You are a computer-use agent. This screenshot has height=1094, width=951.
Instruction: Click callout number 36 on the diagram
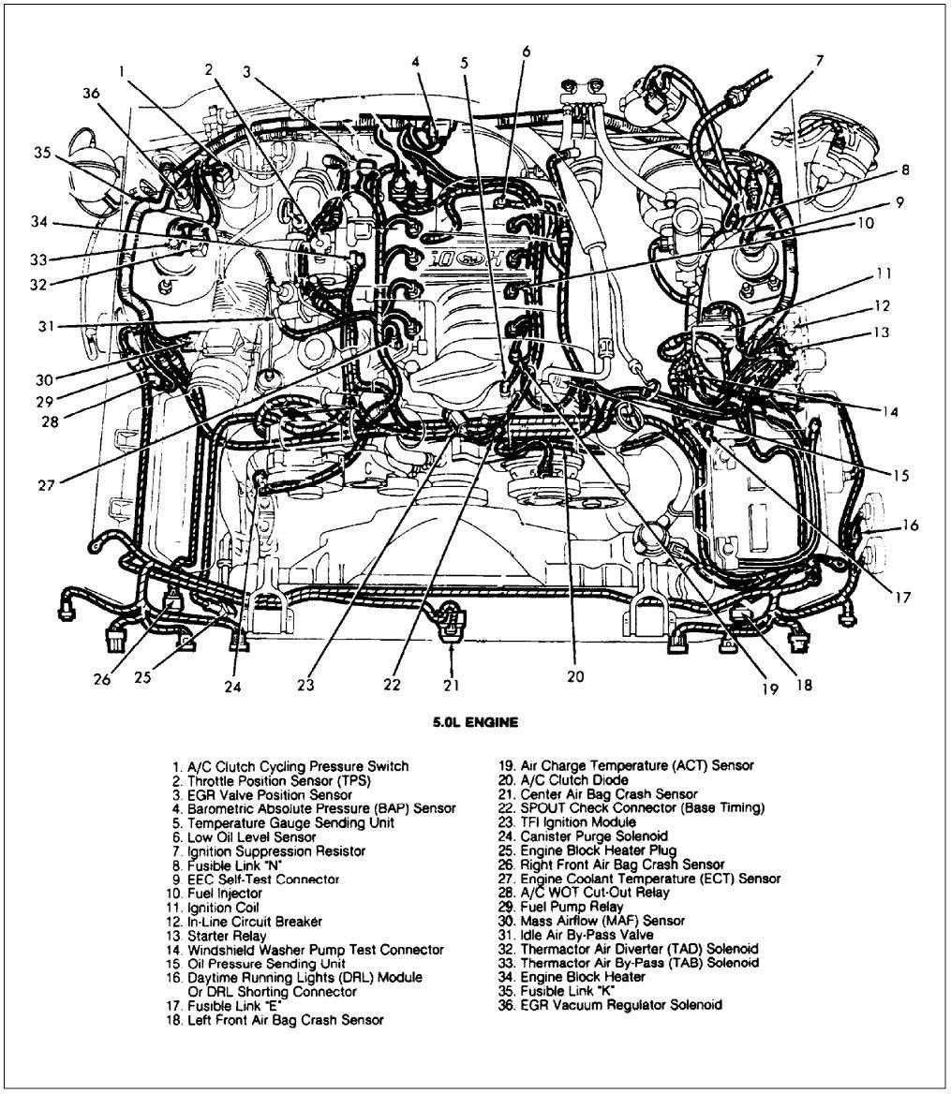tap(90, 93)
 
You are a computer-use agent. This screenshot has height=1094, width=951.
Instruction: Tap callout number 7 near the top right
tap(819, 61)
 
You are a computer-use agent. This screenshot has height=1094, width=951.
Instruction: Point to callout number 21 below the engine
tap(451, 686)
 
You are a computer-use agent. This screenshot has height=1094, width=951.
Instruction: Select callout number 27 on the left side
tap(47, 484)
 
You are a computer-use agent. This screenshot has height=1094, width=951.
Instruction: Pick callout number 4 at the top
tap(416, 61)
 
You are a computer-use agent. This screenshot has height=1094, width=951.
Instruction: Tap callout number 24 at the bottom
tap(232, 686)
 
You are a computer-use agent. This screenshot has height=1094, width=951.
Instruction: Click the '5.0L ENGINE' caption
tap(474, 722)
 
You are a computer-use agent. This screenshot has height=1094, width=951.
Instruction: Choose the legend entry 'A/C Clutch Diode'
tap(563, 780)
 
